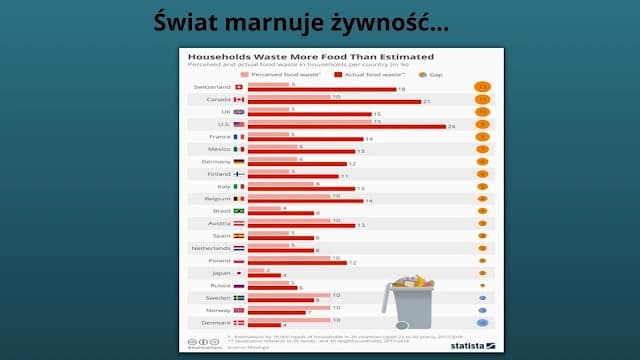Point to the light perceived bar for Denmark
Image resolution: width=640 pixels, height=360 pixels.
[x=280, y=320]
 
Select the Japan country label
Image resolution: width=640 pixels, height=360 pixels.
[x=220, y=272]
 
